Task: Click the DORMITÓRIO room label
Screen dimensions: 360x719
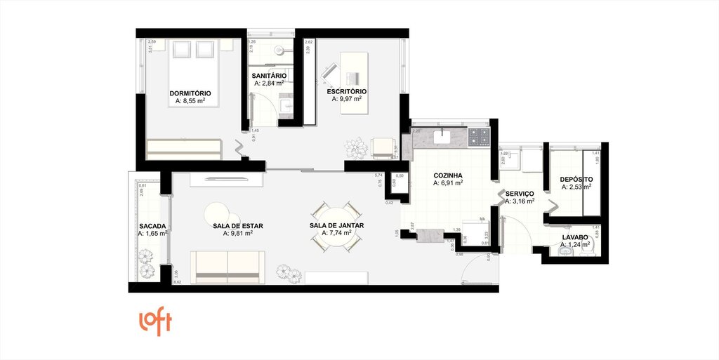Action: tap(190, 93)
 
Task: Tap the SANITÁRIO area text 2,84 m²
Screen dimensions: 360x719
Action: tap(269, 84)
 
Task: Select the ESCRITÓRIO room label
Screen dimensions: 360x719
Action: tap(346, 91)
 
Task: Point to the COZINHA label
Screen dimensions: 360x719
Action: tap(447, 175)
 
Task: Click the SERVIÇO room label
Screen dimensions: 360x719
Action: tap(519, 193)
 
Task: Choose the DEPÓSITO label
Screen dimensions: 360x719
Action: tap(576, 180)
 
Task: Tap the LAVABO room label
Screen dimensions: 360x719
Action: tap(576, 237)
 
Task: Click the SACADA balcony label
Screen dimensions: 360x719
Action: tap(152, 226)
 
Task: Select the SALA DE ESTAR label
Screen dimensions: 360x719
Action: tap(238, 226)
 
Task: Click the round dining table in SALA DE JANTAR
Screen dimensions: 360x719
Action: tap(336, 225)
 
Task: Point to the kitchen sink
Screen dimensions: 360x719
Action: tap(444, 135)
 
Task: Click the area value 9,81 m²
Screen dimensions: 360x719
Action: tap(238, 234)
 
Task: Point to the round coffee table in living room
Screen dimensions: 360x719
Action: tap(218, 212)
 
